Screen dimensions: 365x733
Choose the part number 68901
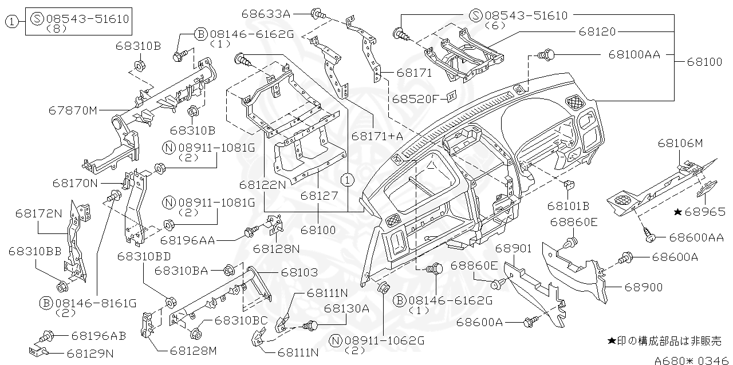pyautogui.click(x=514, y=248)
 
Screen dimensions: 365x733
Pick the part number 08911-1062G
pyautogui.click(x=384, y=340)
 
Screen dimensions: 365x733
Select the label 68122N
pyautogui.click(x=262, y=185)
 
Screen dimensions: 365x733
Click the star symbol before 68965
pyautogui.click(x=677, y=212)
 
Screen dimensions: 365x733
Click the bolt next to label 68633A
pyautogui.click(x=317, y=13)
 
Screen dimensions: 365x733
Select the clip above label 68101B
pyautogui.click(x=568, y=185)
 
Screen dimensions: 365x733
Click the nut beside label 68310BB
pyautogui.click(x=61, y=285)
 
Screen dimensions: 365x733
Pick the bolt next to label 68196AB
pyautogui.click(x=47, y=335)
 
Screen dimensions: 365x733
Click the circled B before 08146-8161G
pyautogui.click(x=46, y=303)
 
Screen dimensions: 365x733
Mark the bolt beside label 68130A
pyautogui.click(x=310, y=326)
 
